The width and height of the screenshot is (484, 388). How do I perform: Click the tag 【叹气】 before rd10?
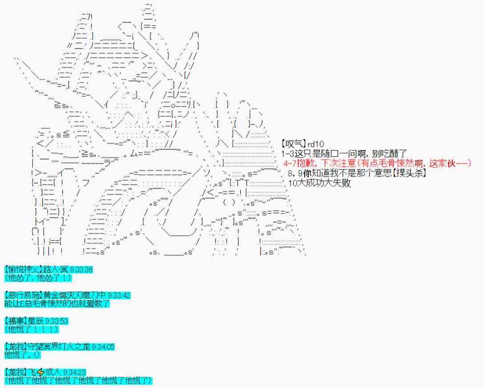coord(294,144)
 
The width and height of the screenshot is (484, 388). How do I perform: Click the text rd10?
coord(315,144)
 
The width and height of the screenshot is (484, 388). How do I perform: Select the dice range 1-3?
coord(288,154)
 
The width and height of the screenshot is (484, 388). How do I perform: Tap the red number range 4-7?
coord(290,163)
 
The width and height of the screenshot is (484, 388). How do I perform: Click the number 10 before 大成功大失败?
coord(292,183)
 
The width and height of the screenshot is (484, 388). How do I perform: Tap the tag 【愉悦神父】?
coord(23,269)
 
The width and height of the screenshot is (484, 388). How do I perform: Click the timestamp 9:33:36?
coord(81,269)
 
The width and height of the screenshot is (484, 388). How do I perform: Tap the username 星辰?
coord(36,321)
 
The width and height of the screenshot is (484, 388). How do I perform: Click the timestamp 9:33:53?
coord(56,321)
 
